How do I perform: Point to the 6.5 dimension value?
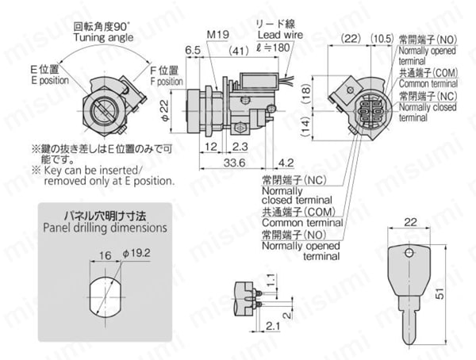pyautogui.click(x=191, y=50)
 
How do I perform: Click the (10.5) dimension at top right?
pyautogui.click(x=382, y=37)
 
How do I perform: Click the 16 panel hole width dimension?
pyautogui.click(x=106, y=257)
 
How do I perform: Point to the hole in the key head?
pyautogui.click(x=408, y=255)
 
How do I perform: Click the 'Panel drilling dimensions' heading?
pyautogui.click(x=106, y=228)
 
